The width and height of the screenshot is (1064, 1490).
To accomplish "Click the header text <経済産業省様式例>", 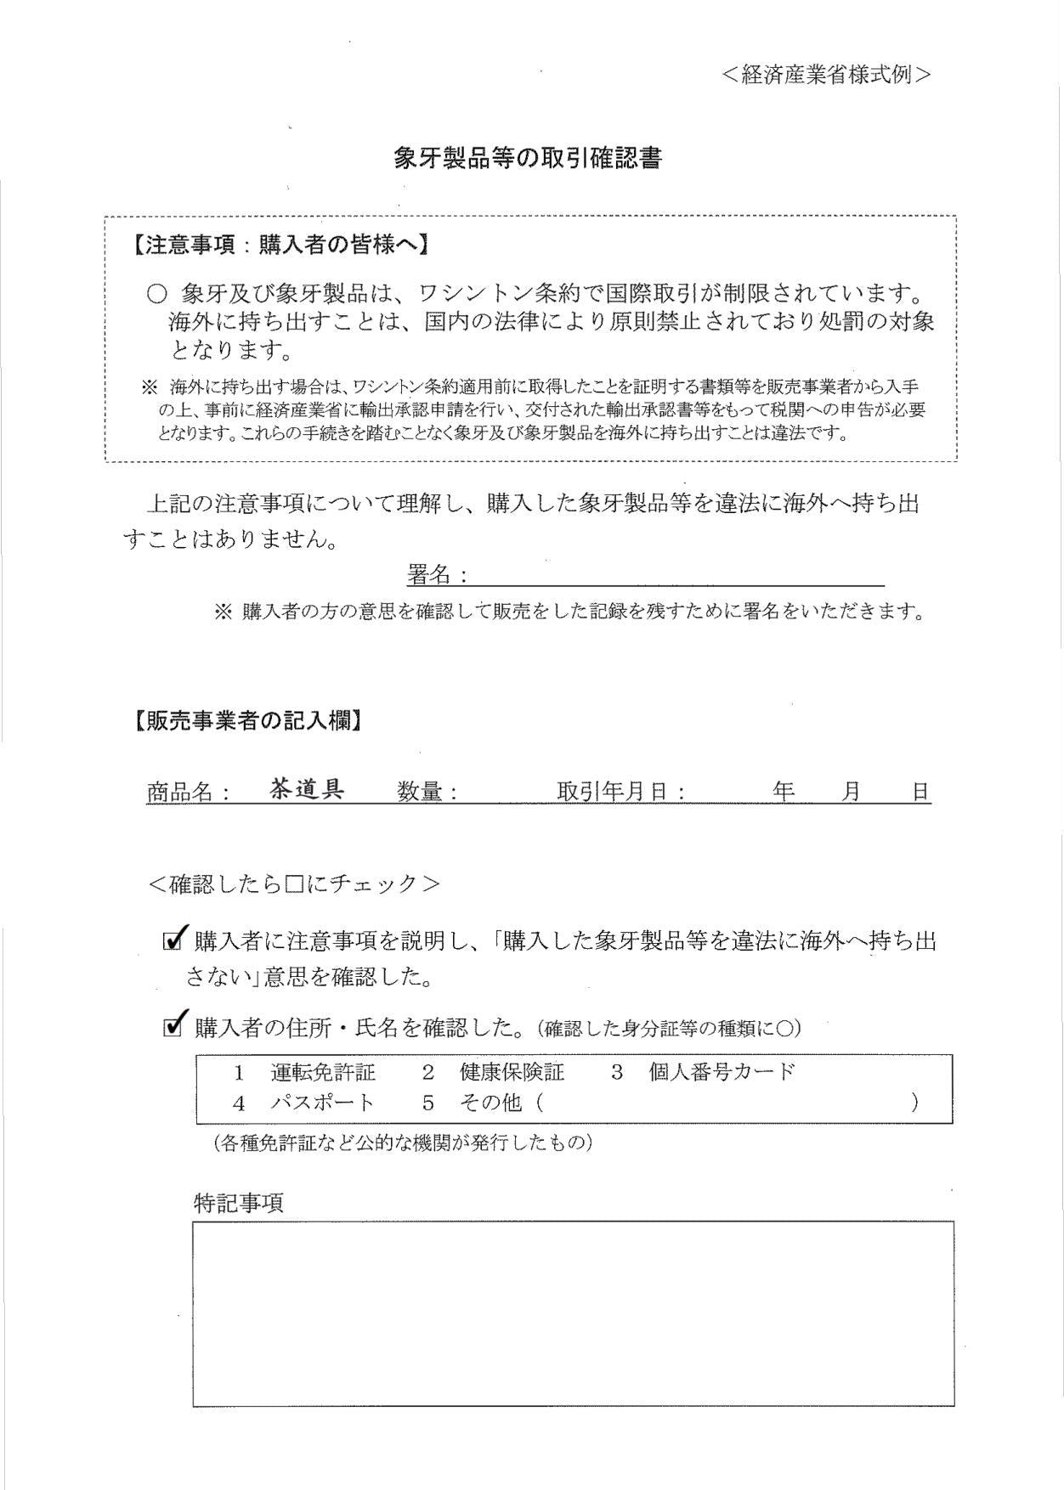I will [x=826, y=75].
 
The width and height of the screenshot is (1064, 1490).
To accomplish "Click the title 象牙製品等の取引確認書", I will [x=527, y=159].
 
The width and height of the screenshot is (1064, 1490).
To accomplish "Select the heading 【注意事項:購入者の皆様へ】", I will [x=280, y=246].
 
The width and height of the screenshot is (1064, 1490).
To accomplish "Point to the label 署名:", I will [x=437, y=576].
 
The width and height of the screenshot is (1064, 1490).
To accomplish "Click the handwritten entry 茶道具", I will [x=307, y=789].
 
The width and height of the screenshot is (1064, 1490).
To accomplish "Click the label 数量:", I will [x=427, y=793].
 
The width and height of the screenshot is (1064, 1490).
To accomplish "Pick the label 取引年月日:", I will [x=621, y=793].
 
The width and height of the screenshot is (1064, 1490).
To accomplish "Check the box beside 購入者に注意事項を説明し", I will [x=173, y=940].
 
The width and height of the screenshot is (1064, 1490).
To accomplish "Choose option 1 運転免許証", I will [x=306, y=1072].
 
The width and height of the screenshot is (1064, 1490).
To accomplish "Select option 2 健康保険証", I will [x=494, y=1072].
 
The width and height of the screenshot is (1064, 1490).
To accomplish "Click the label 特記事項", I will [x=239, y=1203].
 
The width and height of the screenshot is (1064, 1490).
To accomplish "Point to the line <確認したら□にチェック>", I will [x=294, y=884].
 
